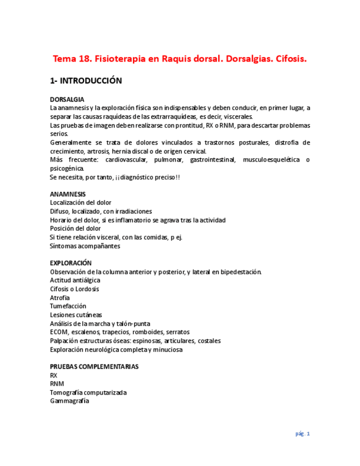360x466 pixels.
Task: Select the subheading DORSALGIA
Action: [x=67, y=99]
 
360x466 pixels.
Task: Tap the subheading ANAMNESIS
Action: [x=68, y=194]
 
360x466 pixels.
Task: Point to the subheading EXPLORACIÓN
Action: [x=70, y=263]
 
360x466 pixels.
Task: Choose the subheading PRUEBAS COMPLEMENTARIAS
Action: [x=94, y=367]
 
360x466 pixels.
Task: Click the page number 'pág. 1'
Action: [x=302, y=434]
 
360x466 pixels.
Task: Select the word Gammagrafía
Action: [x=69, y=401]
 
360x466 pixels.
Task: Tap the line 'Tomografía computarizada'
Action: [x=88, y=392]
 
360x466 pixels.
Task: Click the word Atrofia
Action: [x=60, y=297]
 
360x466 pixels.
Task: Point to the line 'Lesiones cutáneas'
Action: [x=76, y=315]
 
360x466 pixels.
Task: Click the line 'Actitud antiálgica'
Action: [x=75, y=280]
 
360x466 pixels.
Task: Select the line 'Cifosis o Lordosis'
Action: [x=74, y=289]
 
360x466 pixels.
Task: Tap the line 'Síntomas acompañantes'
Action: [x=85, y=246]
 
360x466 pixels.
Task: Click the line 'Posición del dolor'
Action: [x=75, y=229]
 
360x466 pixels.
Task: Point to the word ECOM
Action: [x=58, y=332]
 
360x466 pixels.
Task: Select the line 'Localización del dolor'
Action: [x=80, y=203]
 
